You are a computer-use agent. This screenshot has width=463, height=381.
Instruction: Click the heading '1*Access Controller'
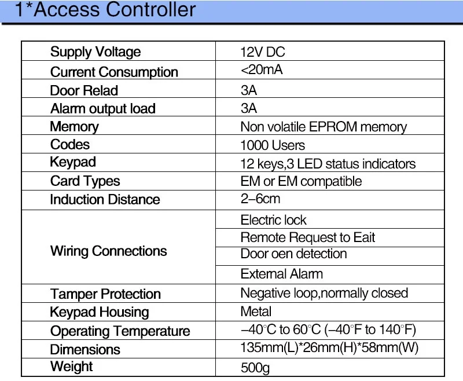point(105,9)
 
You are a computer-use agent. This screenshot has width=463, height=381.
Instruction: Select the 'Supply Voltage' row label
point(95,52)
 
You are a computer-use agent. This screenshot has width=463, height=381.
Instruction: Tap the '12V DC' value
point(263,52)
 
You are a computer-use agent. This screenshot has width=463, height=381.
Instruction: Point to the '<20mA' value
point(262,69)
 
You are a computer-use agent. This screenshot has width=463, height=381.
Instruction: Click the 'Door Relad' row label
point(84,90)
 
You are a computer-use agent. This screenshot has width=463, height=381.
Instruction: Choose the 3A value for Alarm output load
point(249,108)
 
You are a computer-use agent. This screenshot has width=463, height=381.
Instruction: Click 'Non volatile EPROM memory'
point(324,127)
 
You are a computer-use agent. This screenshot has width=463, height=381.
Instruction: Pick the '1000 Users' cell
point(273,145)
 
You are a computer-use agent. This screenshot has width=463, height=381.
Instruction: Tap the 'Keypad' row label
point(73,163)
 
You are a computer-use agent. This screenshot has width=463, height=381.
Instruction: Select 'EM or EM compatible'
point(301,181)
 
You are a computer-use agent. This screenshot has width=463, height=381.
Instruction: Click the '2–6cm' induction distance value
point(260,199)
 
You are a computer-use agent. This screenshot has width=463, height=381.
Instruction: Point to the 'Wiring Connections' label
point(108,251)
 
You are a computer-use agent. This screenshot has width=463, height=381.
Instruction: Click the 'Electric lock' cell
point(273,220)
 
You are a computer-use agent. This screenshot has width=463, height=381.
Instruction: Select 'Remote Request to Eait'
point(308,237)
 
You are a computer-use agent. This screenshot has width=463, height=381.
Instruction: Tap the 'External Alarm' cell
point(282,274)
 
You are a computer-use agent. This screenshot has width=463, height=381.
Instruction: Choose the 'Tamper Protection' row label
point(105,294)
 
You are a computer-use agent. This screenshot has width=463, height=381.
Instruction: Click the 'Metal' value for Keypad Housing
point(256,312)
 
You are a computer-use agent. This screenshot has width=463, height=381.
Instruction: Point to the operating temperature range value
point(328,329)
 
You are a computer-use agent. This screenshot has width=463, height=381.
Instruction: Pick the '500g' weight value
point(255,368)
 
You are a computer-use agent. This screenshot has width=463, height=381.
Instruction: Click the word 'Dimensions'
point(85,350)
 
